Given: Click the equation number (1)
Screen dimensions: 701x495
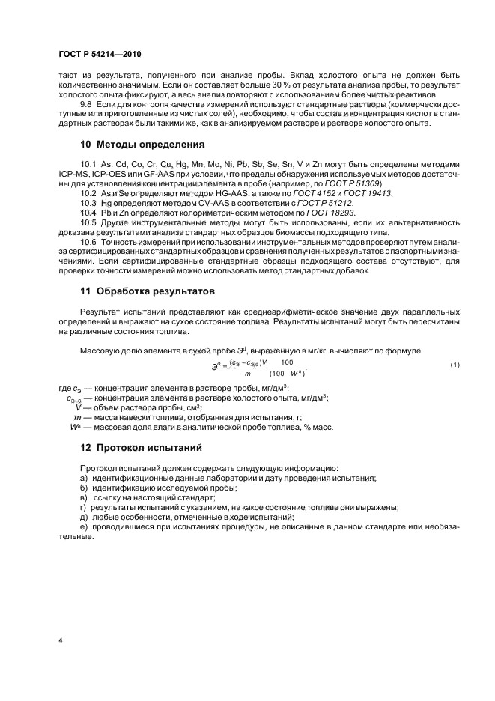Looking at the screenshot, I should click(454, 364).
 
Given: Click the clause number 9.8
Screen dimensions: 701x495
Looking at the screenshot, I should click(86, 105).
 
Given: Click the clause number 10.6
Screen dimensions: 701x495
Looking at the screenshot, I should click(88, 243).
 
